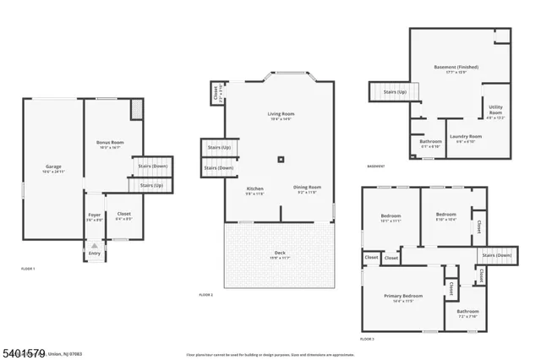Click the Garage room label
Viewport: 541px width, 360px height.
(53, 167)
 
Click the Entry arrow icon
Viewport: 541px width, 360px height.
(94, 244)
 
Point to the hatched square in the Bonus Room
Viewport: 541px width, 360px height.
(137, 109)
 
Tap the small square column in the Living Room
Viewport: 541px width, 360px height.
(282, 158)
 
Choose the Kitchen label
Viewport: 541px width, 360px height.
(254, 188)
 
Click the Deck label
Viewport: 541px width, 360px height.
(279, 253)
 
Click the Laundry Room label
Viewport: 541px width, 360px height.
(465, 137)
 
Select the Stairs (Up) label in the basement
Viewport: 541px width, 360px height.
(396, 91)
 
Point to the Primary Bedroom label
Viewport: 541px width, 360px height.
(403, 297)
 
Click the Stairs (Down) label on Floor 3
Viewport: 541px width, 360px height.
(496, 255)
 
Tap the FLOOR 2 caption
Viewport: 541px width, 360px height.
(205, 295)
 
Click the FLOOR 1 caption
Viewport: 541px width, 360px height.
(28, 268)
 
